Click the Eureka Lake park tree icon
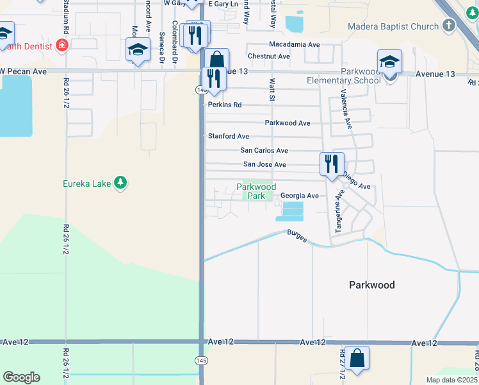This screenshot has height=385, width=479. (x=120, y=184)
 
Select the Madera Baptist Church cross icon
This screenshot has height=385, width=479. (x=449, y=26)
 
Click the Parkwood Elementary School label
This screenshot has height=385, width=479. (x=344, y=76)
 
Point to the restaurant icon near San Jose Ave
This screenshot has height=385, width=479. (x=332, y=164)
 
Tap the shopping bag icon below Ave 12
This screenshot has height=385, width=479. (x=357, y=357)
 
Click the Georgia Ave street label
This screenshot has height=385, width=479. (x=299, y=196)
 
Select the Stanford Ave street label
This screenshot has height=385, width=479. (x=228, y=136)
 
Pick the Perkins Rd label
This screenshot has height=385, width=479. (x=224, y=105)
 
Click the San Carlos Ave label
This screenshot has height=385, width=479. (x=264, y=150)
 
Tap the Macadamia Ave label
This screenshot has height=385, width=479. (x=294, y=44)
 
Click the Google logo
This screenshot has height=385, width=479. (x=21, y=377)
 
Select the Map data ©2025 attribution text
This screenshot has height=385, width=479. (x=451, y=380)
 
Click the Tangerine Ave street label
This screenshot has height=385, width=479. (x=339, y=211)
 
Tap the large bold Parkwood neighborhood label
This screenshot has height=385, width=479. (x=371, y=285)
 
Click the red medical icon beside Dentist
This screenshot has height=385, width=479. (x=62, y=45)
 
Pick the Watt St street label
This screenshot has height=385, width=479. (x=272, y=90)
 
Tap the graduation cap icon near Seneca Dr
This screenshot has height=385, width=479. (x=138, y=51)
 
